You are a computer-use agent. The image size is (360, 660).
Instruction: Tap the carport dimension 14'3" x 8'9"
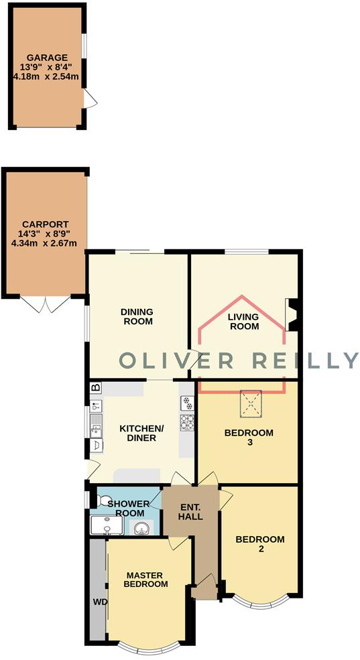[x=45, y=234]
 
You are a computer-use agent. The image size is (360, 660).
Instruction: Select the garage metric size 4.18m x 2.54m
[x=46, y=77]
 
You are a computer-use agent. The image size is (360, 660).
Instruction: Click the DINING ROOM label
[x=137, y=316]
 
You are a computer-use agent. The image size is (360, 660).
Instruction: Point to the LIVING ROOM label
[x=243, y=322]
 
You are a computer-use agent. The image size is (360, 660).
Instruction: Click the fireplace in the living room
[x=292, y=315]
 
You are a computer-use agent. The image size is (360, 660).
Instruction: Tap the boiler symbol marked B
[x=95, y=387]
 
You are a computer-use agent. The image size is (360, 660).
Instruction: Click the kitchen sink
[x=97, y=423]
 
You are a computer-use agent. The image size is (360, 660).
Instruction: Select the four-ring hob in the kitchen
[x=187, y=423]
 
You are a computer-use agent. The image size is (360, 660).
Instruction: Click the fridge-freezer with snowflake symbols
[x=187, y=403]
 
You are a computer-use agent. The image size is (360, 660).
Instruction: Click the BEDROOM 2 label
[x=260, y=544]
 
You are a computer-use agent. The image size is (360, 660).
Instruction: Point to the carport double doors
[x=45, y=304]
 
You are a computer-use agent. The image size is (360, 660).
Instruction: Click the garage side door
[x=90, y=101]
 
